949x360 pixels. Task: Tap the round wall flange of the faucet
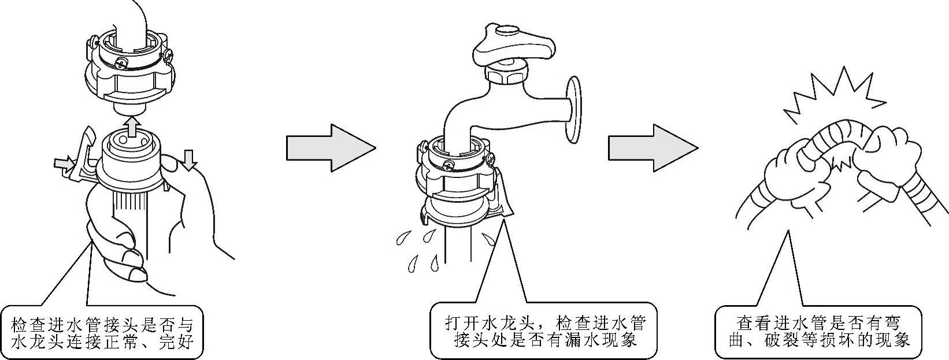pyautogui.click(x=573, y=109)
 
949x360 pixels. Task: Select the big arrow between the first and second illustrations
pyautogui.click(x=331, y=148)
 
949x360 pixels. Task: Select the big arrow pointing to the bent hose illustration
pyautogui.click(x=653, y=148)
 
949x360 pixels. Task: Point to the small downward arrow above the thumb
pyautogui.click(x=189, y=159)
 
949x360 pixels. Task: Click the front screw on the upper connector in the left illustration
pyautogui.click(x=122, y=63)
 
